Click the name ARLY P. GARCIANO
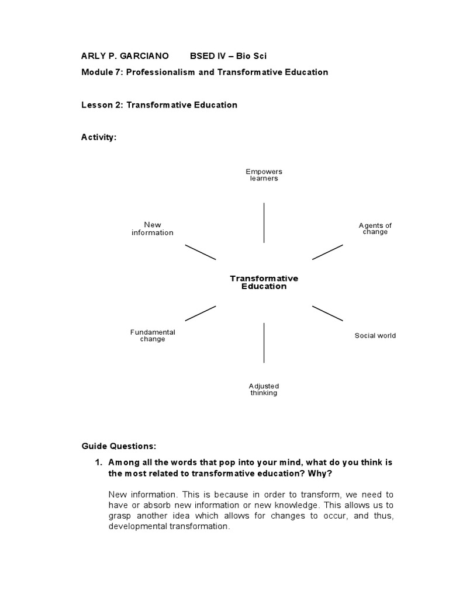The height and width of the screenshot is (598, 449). (125, 56)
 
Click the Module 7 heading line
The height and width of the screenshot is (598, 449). (205, 72)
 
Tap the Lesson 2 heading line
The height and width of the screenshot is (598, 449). (159, 105)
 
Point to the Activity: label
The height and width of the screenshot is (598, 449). (99, 137)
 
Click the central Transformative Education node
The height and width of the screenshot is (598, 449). (264, 283)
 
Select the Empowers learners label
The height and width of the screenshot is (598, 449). (264, 175)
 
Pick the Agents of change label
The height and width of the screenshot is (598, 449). (375, 228)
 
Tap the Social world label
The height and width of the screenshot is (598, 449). (375, 336)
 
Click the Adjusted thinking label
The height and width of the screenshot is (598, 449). (264, 390)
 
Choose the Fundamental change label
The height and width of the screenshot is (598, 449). (153, 336)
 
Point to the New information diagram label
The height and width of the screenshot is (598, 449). (153, 228)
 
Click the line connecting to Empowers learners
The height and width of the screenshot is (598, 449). (264, 222)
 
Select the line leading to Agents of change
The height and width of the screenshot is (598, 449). (327, 252)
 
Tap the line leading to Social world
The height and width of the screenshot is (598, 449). (327, 313)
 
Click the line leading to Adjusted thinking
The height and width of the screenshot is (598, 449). (264, 342)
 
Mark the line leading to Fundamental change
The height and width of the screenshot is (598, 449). (201, 313)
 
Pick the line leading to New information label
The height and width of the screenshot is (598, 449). (201, 252)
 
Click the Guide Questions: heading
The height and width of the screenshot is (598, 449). (119, 446)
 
